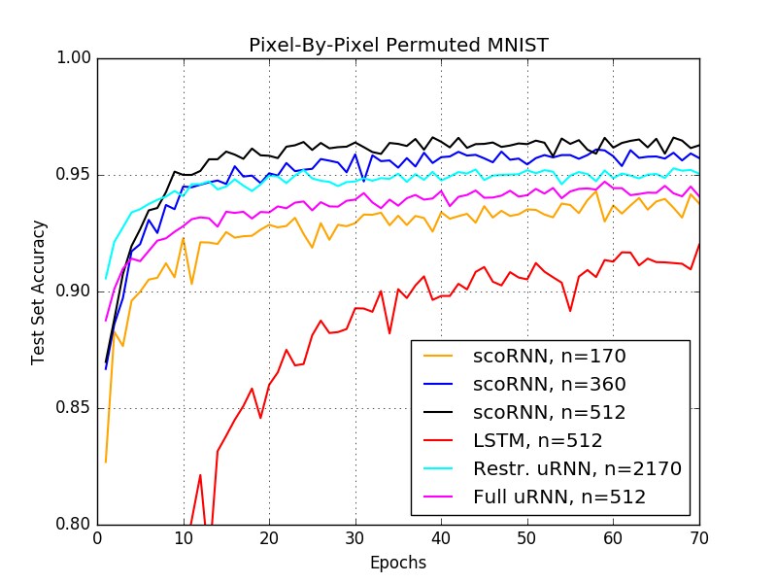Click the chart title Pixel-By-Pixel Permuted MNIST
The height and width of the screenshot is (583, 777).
[398, 45]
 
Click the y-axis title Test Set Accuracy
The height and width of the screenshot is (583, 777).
[38, 291]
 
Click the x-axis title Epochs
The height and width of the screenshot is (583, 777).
[398, 562]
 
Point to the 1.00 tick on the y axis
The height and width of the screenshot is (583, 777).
[74, 58]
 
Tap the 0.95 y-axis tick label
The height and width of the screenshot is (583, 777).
[74, 175]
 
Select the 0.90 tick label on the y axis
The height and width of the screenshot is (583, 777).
[74, 291]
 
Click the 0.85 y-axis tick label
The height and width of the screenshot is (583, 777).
[74, 408]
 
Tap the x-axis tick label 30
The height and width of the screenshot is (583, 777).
[355, 537]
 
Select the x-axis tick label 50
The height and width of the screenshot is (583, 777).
[527, 537]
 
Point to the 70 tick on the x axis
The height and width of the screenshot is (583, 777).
[699, 537]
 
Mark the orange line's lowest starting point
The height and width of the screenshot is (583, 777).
[106, 462]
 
